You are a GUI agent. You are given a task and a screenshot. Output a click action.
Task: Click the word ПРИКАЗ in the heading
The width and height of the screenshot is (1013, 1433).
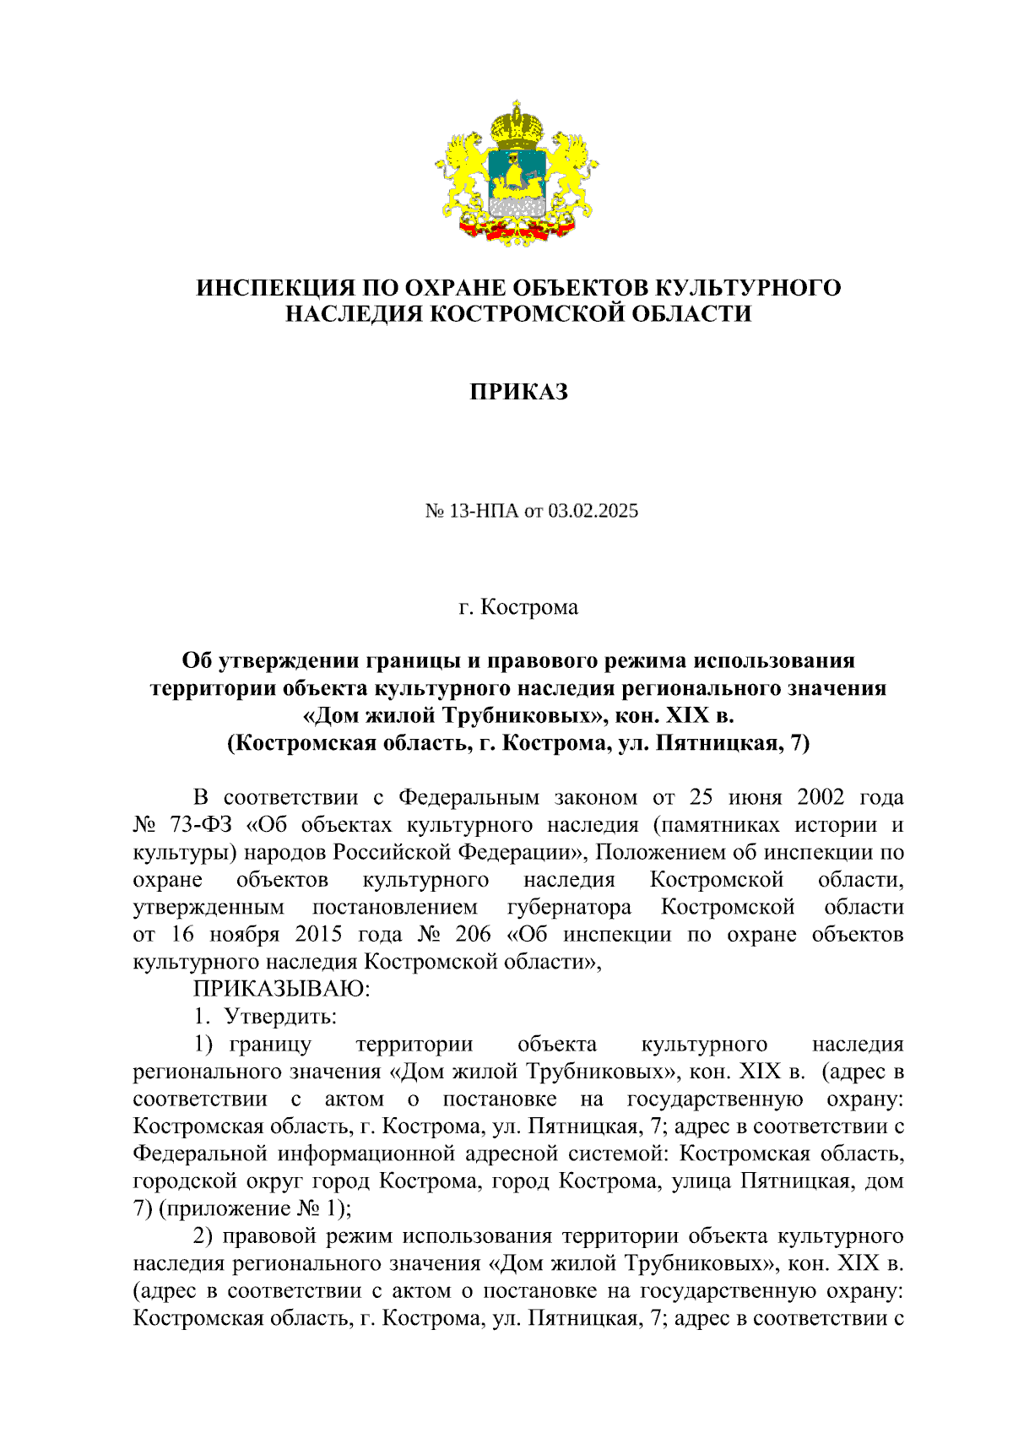(518, 392)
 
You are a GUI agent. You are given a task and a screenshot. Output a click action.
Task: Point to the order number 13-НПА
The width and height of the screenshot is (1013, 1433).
(485, 511)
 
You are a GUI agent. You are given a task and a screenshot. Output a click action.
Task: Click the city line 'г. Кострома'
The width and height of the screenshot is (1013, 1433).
(518, 607)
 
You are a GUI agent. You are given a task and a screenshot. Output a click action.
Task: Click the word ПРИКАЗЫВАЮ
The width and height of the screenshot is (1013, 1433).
(281, 989)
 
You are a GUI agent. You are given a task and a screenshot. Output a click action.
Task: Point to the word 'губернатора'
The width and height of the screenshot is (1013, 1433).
(569, 907)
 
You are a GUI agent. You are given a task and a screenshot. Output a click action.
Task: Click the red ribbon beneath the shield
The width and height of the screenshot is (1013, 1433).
(516, 229)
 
